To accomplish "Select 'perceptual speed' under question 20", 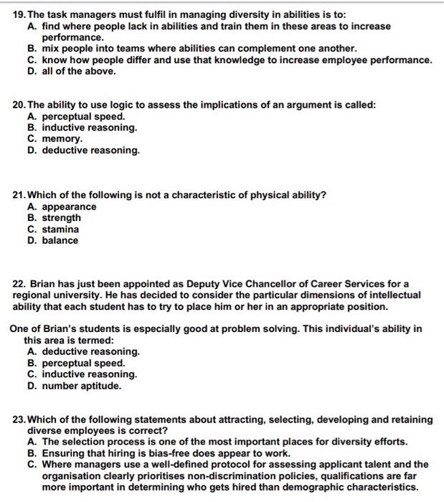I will coord(84,116).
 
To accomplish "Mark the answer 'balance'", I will coord(60,240).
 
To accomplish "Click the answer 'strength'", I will coord(62,218).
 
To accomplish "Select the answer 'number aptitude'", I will coord(81,385).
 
